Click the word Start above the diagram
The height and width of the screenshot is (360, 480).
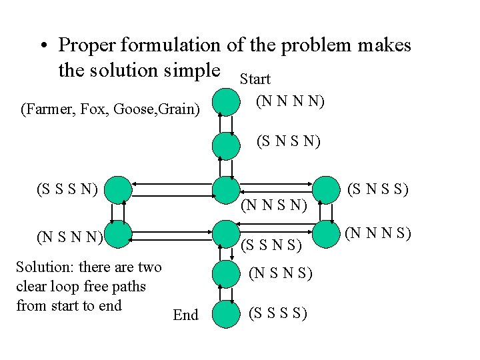click(x=255, y=79)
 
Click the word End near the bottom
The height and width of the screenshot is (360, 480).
click(x=185, y=315)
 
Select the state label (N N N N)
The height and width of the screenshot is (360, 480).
click(x=290, y=103)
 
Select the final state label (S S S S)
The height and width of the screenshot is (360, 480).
click(x=277, y=313)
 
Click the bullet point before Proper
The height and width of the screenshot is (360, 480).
click(x=43, y=47)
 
